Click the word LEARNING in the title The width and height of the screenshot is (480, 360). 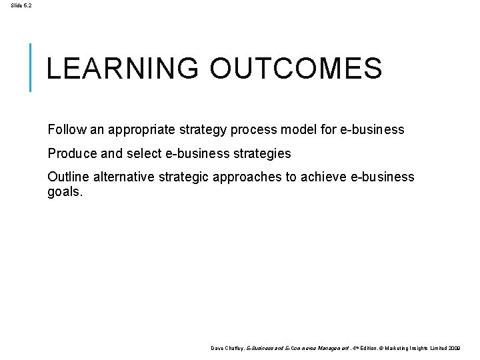pyautogui.click(x=123, y=69)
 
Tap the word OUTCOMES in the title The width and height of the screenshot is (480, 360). pyautogui.click(x=295, y=69)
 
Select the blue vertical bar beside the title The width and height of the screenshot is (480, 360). pyautogui.click(x=31, y=67)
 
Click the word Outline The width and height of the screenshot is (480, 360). pyautogui.click(x=69, y=177)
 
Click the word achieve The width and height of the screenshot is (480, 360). pyautogui.click(x=322, y=177)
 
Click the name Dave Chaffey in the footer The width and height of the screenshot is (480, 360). pyautogui.click(x=227, y=348)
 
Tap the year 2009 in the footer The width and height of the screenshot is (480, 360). pyautogui.click(x=454, y=348)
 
